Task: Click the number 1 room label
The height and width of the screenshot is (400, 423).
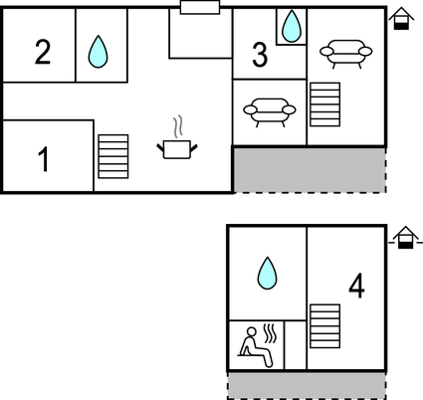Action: [44, 159]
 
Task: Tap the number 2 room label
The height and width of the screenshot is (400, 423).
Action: [43, 52]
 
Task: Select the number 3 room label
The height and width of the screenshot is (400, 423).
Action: [260, 55]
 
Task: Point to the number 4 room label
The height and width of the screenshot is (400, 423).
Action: [356, 286]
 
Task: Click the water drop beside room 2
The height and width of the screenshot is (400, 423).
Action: [99, 52]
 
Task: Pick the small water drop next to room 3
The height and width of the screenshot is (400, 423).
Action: [292, 26]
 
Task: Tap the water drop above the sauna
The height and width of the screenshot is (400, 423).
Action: [268, 273]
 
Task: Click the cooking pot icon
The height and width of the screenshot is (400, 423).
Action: [177, 149]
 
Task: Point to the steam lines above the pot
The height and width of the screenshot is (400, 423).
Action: [178, 126]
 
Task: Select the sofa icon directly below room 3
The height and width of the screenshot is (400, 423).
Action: [270, 112]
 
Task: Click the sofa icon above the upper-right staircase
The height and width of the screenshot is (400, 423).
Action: [346, 54]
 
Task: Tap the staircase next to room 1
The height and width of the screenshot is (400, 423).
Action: [113, 156]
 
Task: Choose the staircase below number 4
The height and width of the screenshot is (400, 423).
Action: [325, 326]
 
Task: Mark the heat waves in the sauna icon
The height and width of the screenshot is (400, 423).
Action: [270, 333]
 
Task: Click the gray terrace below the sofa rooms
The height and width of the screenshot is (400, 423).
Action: [310, 170]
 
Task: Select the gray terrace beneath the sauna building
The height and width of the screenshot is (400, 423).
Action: [307, 385]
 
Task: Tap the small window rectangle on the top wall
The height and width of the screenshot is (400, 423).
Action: [200, 7]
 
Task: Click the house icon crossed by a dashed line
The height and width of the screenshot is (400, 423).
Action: [405, 238]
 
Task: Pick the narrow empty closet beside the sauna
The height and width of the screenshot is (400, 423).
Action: [296, 344]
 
